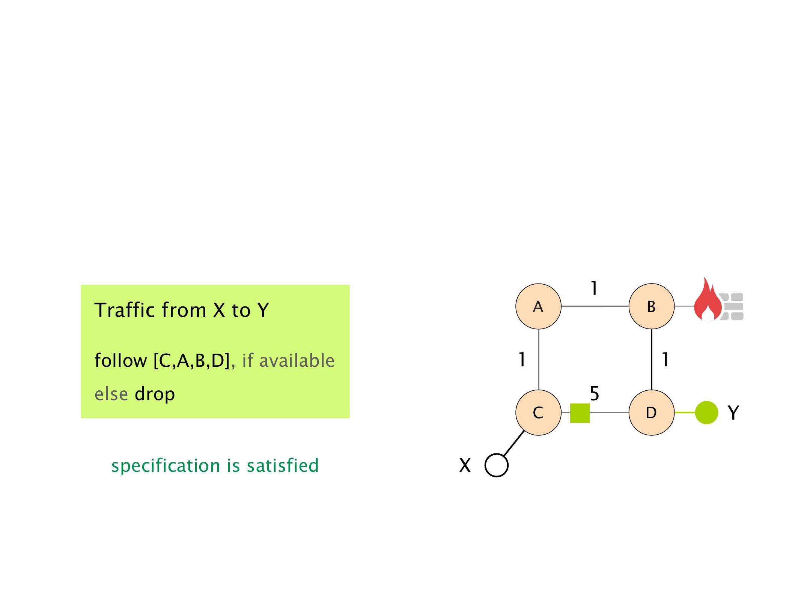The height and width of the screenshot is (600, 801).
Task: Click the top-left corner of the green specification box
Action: point(81,285)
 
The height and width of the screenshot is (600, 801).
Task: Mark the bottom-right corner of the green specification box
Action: point(350,418)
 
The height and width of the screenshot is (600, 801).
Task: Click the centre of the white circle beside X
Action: point(496,465)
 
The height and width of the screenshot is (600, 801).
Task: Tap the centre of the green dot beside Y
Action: point(706,412)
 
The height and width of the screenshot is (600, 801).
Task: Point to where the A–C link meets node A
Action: point(539,329)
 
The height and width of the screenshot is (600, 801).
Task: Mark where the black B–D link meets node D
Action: point(652,390)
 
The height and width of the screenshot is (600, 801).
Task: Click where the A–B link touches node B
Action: point(629,306)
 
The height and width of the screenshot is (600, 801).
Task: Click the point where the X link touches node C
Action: point(524,430)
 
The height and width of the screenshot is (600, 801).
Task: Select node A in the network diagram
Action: point(539,306)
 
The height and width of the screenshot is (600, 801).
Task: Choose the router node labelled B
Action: point(652,306)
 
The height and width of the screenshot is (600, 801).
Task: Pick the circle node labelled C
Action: point(539,412)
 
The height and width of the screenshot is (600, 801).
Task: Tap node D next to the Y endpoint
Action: point(652,412)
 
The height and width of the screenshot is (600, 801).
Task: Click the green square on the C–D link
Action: point(580,413)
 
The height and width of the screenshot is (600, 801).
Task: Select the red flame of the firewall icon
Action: point(708,301)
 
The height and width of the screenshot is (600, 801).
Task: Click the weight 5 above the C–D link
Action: point(595,393)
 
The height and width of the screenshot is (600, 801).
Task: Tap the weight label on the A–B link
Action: point(594,288)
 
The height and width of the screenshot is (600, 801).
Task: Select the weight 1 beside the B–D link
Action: point(665,360)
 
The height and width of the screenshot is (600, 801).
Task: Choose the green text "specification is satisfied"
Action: point(215,466)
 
